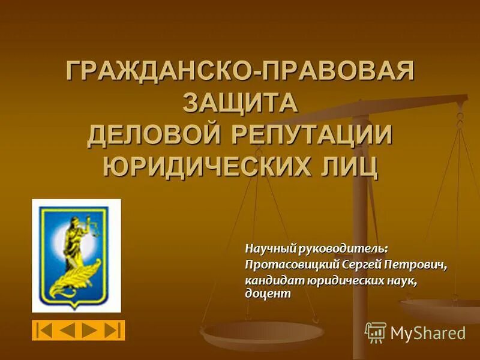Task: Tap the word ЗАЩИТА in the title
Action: (240, 103)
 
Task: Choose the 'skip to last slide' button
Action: (113, 331)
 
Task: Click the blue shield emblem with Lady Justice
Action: (76, 255)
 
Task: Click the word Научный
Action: (268, 248)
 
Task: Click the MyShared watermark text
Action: (428, 333)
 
